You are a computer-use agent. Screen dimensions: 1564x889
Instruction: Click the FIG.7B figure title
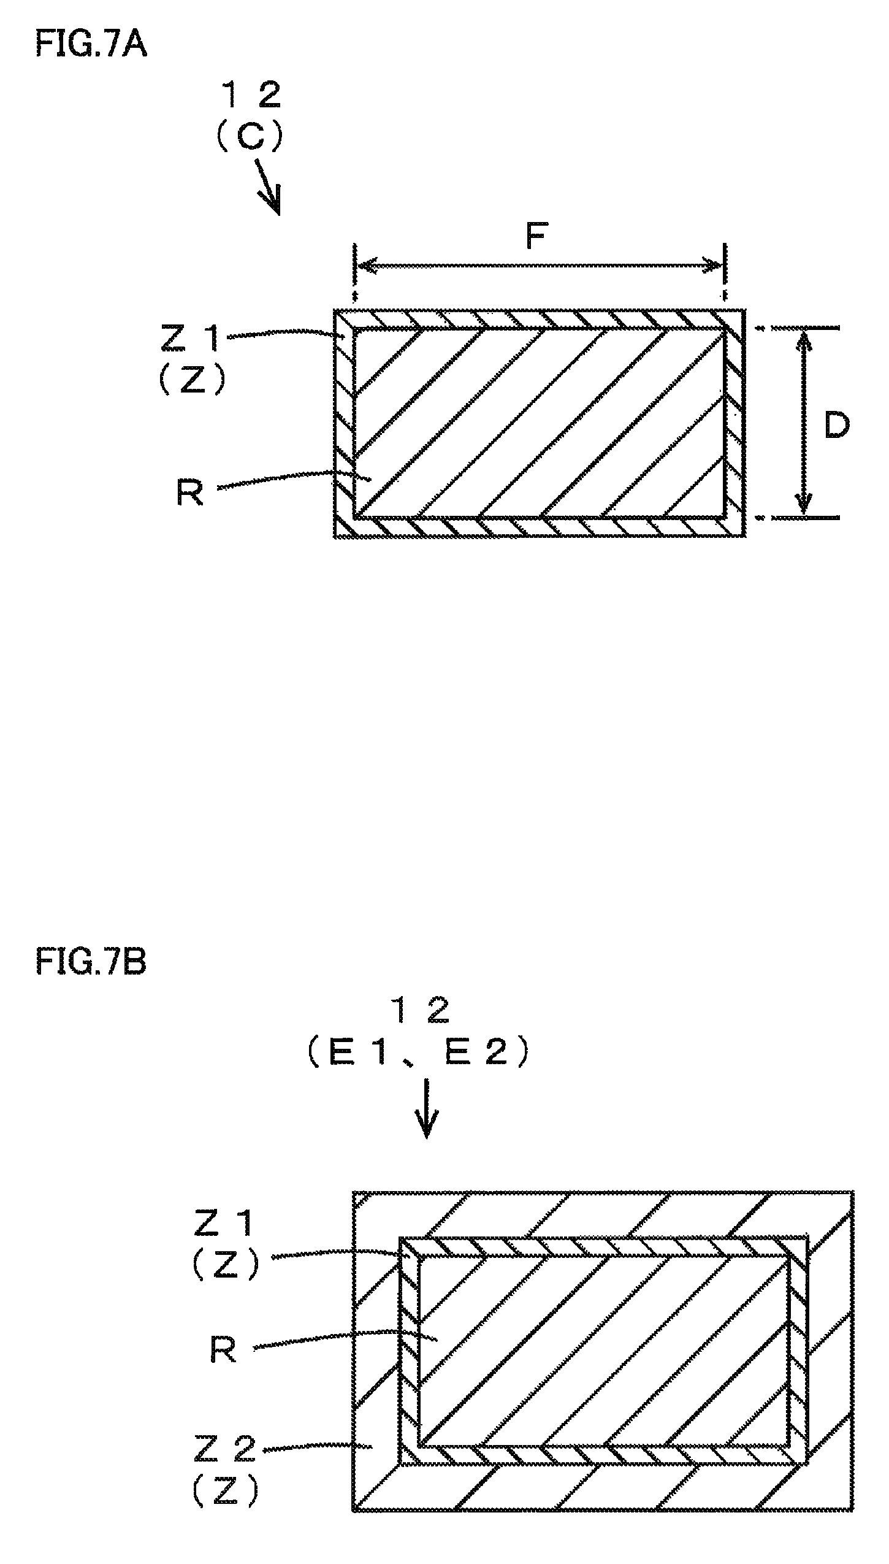click(91, 962)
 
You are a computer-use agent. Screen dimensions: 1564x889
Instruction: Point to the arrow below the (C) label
click(267, 188)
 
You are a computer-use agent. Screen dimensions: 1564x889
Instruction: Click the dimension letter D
click(836, 425)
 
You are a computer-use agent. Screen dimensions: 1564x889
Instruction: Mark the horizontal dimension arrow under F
click(540, 266)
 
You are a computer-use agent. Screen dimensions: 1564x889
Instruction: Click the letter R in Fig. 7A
click(189, 492)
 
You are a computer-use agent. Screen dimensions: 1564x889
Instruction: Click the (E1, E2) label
click(419, 1053)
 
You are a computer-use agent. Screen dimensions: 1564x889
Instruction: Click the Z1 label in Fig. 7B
click(224, 1225)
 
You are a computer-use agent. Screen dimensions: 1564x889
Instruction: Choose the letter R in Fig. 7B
click(223, 1350)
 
